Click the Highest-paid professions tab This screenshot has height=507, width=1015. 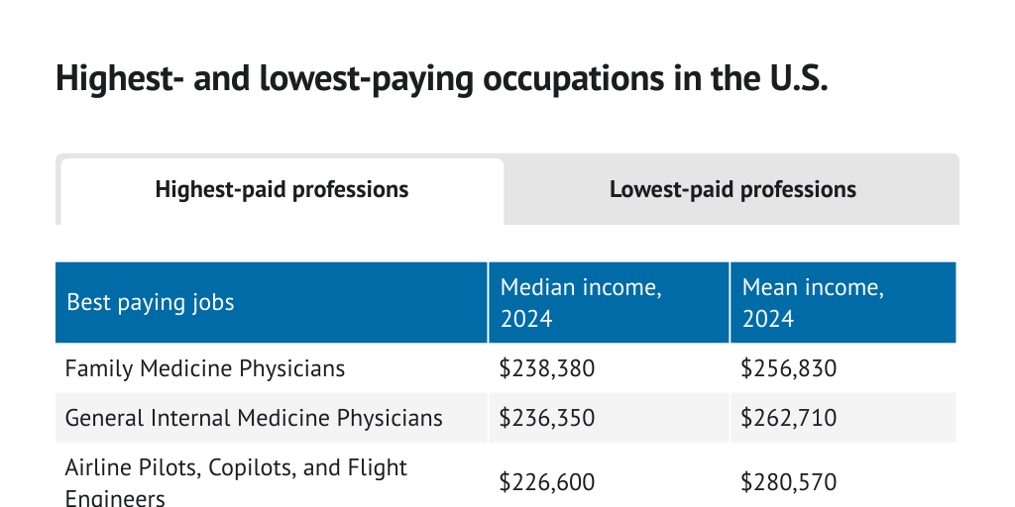282,190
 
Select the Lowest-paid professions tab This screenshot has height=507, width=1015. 733,189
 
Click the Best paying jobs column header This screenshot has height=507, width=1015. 151,302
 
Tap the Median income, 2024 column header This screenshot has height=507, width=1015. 580,302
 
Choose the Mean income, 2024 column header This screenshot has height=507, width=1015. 813,302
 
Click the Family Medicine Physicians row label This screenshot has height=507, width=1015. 205,368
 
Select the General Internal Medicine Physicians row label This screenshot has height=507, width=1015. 254,418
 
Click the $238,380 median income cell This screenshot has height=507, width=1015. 547,369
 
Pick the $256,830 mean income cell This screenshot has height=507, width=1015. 789,369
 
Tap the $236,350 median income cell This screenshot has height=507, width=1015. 547,418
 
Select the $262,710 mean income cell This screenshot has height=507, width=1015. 789,418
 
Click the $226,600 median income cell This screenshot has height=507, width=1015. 547,482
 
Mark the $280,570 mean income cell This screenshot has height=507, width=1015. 789,482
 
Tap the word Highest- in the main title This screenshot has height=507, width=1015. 120,78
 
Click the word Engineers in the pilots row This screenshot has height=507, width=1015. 115,497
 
